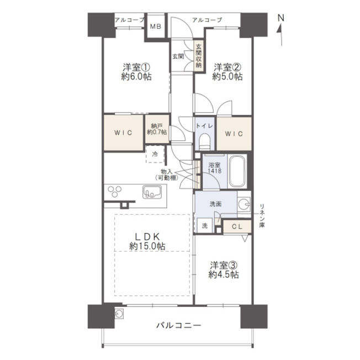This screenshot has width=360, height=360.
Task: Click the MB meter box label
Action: [156, 27]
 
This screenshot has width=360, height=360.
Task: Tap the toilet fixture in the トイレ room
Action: [204, 141]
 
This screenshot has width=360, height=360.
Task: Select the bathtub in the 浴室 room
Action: [236, 171]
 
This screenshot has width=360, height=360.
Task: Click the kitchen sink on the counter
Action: [152, 192]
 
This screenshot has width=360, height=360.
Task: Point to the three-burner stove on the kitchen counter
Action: [114, 192]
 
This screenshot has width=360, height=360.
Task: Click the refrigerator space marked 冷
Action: [155, 154]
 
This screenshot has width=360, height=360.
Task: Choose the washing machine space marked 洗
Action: [204, 225]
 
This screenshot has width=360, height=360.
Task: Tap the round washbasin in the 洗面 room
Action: [243, 203]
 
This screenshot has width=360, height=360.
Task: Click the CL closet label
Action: [237, 227]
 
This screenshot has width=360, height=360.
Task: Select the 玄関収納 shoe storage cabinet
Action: [199, 56]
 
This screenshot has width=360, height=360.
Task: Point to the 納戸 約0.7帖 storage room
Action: [157, 129]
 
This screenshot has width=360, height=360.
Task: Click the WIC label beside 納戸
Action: [123, 133]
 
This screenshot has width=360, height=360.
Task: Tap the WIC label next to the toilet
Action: [234, 134]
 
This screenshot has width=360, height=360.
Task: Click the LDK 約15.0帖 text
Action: [147, 241]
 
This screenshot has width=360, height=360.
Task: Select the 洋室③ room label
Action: [224, 266]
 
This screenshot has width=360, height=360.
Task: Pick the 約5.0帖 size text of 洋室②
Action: [227, 76]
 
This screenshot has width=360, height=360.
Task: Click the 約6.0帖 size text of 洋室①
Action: [136, 76]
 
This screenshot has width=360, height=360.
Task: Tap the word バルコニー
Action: [179, 325]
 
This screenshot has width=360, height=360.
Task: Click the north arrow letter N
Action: [281, 18]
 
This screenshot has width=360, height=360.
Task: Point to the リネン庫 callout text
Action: [262, 215]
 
